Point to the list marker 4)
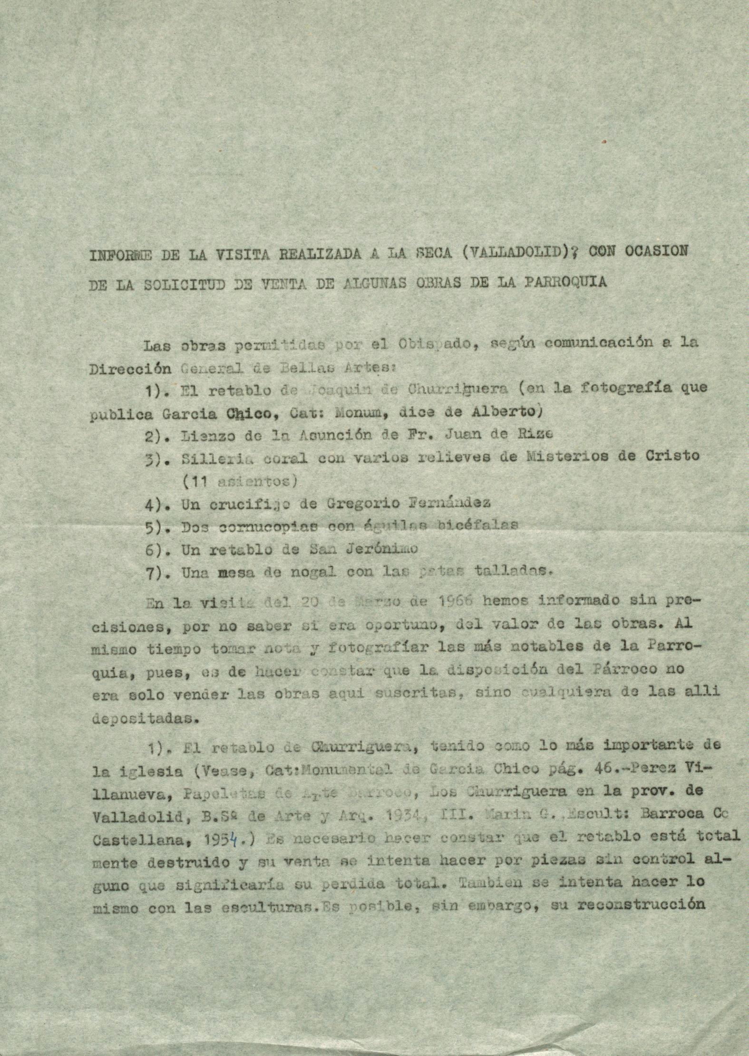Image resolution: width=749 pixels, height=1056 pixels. point(154,503)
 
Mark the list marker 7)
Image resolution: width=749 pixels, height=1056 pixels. point(154,573)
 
